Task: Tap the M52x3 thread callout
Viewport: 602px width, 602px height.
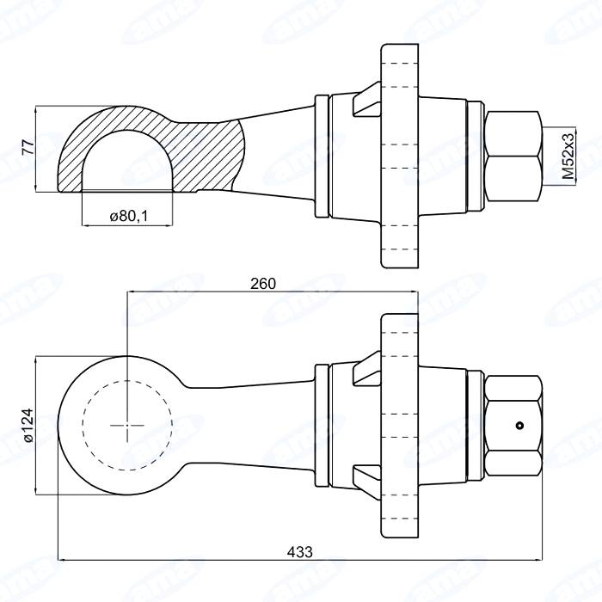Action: pos(567,154)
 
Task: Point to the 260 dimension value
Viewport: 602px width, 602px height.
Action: pos(263,284)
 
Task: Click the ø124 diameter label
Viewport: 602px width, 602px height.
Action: pos(28,425)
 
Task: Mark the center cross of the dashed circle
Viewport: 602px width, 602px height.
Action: pos(127,425)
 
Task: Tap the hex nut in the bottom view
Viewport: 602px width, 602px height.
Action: pos(513,425)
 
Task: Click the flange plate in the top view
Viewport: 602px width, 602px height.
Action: pos(397,155)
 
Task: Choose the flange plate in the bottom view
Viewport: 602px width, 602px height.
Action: pos(397,426)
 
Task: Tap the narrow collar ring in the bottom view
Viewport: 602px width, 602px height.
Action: pos(322,425)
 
